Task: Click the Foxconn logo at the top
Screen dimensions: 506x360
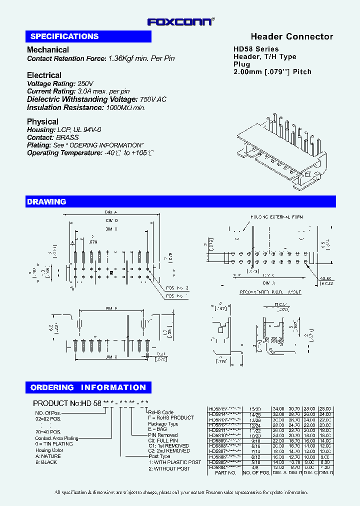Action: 180,21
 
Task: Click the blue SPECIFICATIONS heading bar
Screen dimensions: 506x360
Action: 88,36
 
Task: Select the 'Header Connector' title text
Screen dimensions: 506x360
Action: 291,36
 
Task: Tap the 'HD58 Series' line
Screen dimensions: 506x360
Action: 256,49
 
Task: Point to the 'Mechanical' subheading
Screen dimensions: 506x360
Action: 48,49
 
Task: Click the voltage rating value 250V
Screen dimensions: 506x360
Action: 85,83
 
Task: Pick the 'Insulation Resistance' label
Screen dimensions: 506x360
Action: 65,107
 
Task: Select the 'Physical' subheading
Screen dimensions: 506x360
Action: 42,121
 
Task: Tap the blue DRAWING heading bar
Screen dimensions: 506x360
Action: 180,201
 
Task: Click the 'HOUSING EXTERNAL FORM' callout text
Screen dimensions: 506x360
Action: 276,217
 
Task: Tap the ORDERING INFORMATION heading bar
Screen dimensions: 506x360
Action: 88,387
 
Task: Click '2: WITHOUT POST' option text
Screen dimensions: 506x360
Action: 168,468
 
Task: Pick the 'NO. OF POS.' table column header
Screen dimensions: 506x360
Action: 255,472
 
